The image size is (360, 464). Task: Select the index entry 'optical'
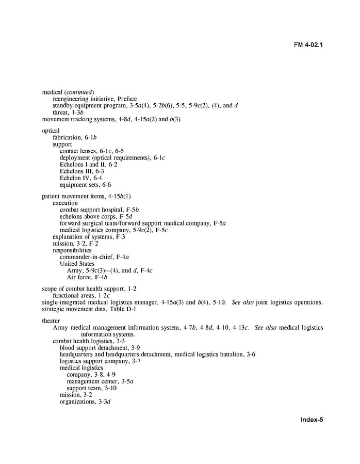(51, 131)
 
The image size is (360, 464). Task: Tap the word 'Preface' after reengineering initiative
(127, 99)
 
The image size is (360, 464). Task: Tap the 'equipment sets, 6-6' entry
(85, 184)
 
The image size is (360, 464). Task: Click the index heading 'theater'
(51, 321)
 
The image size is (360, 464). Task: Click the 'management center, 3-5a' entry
(100, 381)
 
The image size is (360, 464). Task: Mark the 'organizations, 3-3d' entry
(85, 401)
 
